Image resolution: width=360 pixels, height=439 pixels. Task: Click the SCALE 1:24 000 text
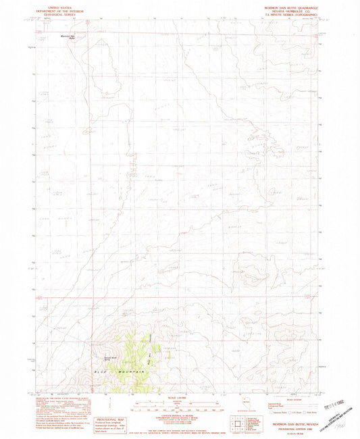(180, 397)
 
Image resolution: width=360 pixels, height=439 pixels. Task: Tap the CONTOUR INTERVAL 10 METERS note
(180, 413)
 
